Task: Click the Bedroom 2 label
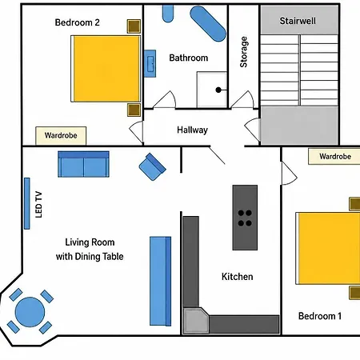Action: (77, 22)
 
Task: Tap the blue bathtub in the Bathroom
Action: (208, 24)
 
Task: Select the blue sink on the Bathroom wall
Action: (150, 63)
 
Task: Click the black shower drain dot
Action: (218, 90)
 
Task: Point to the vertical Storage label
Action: (243, 52)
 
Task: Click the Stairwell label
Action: (298, 21)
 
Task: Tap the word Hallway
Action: (192, 130)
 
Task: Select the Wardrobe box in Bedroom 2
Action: (61, 136)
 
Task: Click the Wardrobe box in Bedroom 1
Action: (334, 156)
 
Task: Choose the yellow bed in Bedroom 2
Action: (106, 69)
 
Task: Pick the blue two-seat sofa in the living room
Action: (83, 164)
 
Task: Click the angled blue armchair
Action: (152, 166)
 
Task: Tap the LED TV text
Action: (38, 204)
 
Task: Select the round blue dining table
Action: (30, 312)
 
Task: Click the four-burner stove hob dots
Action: (245, 218)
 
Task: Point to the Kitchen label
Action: (237, 277)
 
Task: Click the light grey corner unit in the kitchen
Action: (195, 320)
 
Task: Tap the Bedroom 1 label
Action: (320, 316)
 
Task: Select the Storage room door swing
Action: (242, 99)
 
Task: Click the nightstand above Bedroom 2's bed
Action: (134, 26)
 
